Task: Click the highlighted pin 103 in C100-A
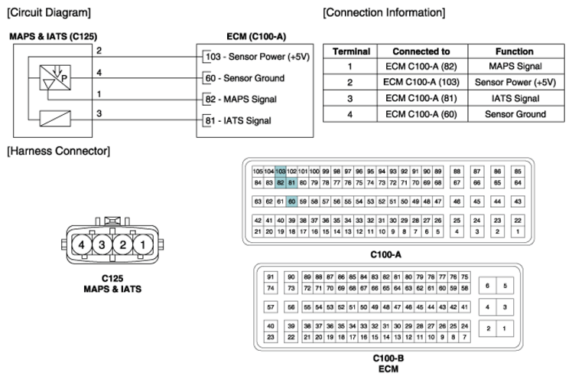click(280, 172)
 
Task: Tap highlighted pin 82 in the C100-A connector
click(280, 182)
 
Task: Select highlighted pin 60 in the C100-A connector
click(291, 201)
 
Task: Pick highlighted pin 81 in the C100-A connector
click(291, 182)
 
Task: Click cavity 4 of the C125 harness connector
click(81, 244)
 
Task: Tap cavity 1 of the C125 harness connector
click(143, 244)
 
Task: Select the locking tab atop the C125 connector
click(112, 221)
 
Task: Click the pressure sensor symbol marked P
click(55, 77)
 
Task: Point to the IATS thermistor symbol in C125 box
click(55, 119)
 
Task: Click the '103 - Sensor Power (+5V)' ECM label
click(258, 57)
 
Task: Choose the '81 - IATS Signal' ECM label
click(239, 120)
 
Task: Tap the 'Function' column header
click(515, 51)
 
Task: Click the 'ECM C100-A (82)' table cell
click(421, 67)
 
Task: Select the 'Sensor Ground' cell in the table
click(515, 114)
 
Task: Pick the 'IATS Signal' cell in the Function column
click(515, 98)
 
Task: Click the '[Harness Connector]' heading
click(58, 151)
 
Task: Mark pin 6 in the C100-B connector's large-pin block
click(487, 286)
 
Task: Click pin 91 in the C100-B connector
click(270, 277)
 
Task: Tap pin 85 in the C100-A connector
click(518, 172)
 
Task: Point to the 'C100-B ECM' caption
click(388, 364)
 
